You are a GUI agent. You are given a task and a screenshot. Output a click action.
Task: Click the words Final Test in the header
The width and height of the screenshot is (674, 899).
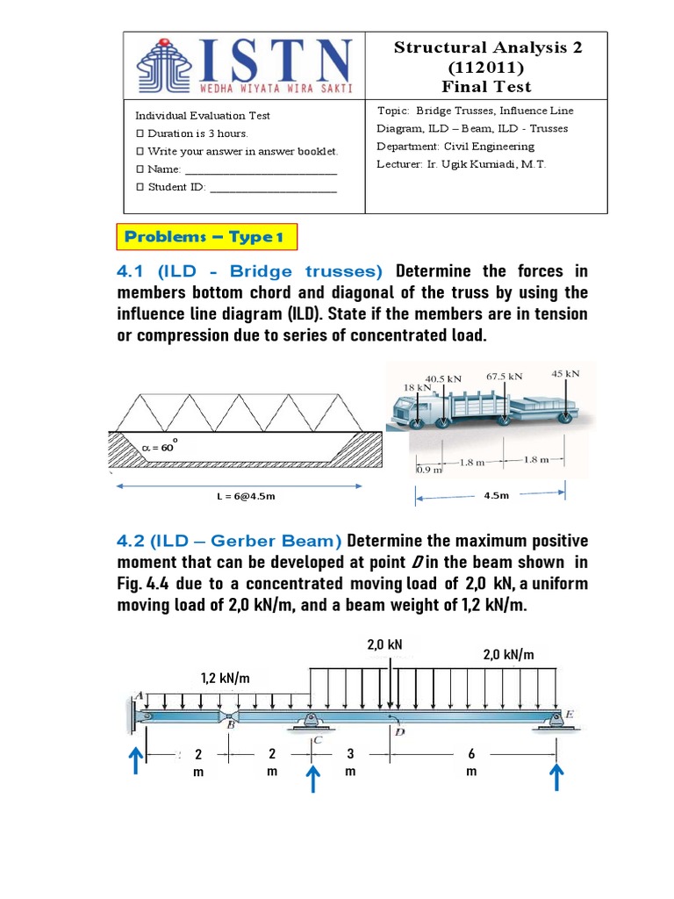click(x=487, y=86)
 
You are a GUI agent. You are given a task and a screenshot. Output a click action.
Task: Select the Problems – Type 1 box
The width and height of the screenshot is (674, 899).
click(x=206, y=237)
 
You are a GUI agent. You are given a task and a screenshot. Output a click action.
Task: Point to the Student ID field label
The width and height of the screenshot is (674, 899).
click(x=170, y=186)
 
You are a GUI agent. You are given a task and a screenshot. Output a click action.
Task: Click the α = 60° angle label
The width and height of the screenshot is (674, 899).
click(x=159, y=447)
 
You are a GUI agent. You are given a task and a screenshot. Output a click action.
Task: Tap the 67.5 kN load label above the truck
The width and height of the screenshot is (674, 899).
click(x=504, y=376)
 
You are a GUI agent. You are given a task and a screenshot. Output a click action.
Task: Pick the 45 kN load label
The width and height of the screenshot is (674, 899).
click(x=565, y=372)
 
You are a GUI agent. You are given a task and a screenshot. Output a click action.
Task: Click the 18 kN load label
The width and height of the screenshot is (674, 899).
click(x=417, y=386)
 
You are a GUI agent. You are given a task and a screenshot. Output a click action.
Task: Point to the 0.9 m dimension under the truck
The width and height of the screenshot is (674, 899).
click(x=429, y=470)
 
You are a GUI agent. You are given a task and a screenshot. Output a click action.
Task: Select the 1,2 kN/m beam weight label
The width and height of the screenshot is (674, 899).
click(x=225, y=678)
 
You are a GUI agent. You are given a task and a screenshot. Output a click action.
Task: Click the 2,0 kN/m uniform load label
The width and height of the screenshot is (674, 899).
click(x=509, y=655)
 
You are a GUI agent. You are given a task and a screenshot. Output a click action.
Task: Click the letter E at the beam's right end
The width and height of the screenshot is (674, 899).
click(x=569, y=715)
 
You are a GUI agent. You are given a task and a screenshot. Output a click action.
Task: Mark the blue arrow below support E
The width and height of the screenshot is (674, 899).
click(x=556, y=776)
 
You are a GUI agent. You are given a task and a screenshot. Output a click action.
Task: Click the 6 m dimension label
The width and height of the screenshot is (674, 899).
click(x=471, y=762)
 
